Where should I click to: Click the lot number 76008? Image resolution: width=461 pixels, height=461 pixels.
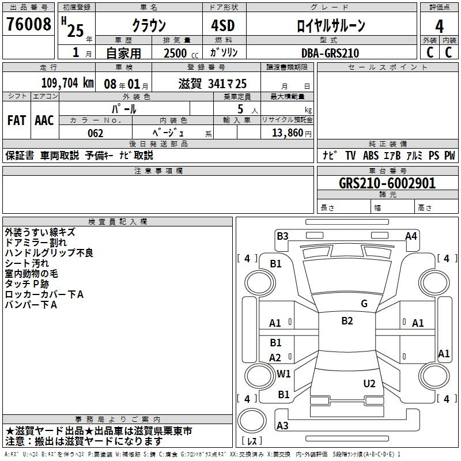pyautogui.click(x=28, y=24)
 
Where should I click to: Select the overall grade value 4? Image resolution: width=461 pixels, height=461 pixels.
pyautogui.click(x=439, y=27)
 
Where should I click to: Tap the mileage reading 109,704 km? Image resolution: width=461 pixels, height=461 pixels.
pyautogui.click(x=67, y=83)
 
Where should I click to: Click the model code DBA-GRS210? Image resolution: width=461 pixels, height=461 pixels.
pyautogui.click(x=330, y=53)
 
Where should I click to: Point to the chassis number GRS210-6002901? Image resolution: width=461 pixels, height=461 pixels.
pyautogui.click(x=387, y=183)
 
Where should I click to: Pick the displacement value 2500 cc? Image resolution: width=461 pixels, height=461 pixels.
pyautogui.click(x=181, y=53)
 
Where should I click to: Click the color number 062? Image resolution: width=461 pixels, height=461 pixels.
pyautogui.click(x=95, y=133)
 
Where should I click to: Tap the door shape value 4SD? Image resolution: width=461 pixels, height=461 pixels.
pyautogui.click(x=223, y=25)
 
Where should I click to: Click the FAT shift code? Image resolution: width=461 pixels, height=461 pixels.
pyautogui.click(x=17, y=120)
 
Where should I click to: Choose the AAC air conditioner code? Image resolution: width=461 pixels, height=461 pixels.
pyautogui.click(x=44, y=120)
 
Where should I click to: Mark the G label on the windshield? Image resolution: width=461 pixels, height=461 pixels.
pyautogui.click(x=364, y=304)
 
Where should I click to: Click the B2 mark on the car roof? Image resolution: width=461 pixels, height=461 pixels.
pyautogui.click(x=347, y=321)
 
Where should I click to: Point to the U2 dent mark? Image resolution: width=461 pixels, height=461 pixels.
pyautogui.click(x=369, y=384)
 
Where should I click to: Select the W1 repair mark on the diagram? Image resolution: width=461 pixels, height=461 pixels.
pyautogui.click(x=284, y=374)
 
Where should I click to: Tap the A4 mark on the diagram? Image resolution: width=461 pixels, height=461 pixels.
pyautogui.click(x=411, y=236)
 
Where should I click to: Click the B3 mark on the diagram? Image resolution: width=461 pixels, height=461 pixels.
pyautogui.click(x=282, y=236)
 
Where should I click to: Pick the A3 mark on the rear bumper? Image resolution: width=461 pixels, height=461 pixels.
pyautogui.click(x=282, y=425)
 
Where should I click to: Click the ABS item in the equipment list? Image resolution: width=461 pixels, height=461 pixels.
pyautogui.click(x=371, y=156)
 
